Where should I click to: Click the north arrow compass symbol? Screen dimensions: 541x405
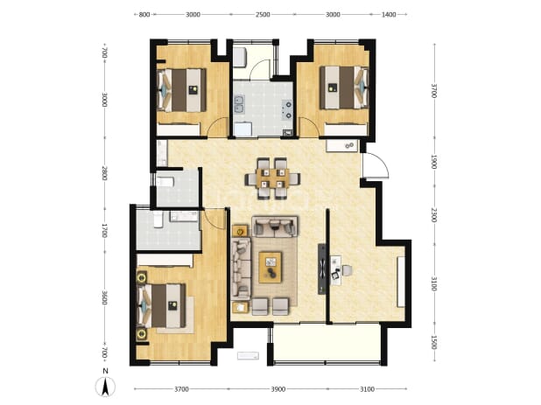point(105,387)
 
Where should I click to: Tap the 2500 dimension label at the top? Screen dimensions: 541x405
point(263,15)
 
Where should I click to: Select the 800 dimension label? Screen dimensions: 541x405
point(144,15)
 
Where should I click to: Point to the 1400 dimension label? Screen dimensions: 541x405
point(389,15)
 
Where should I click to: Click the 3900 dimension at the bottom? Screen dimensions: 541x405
point(278,389)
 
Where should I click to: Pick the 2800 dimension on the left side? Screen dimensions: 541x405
point(105,173)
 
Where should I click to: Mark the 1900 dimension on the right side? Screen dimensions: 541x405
point(434,162)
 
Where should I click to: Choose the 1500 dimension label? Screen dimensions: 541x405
point(434,342)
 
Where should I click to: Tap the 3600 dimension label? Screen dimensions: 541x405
point(105,297)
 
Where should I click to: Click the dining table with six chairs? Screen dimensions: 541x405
point(272,178)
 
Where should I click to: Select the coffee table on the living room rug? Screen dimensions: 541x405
point(270,267)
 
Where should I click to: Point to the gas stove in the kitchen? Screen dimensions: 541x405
point(287,109)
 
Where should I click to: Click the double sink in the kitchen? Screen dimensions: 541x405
point(239,105)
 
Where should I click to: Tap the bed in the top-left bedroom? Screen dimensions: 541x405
point(181,90)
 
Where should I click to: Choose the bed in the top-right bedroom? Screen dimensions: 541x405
point(344,87)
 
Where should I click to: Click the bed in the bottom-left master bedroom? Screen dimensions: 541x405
point(161,305)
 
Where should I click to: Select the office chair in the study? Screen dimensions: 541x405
point(347,270)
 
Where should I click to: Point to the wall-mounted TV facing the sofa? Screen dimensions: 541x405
point(322,269)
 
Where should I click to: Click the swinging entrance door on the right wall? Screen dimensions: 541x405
point(375,165)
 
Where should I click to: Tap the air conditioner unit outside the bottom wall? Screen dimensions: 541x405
point(248,355)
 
